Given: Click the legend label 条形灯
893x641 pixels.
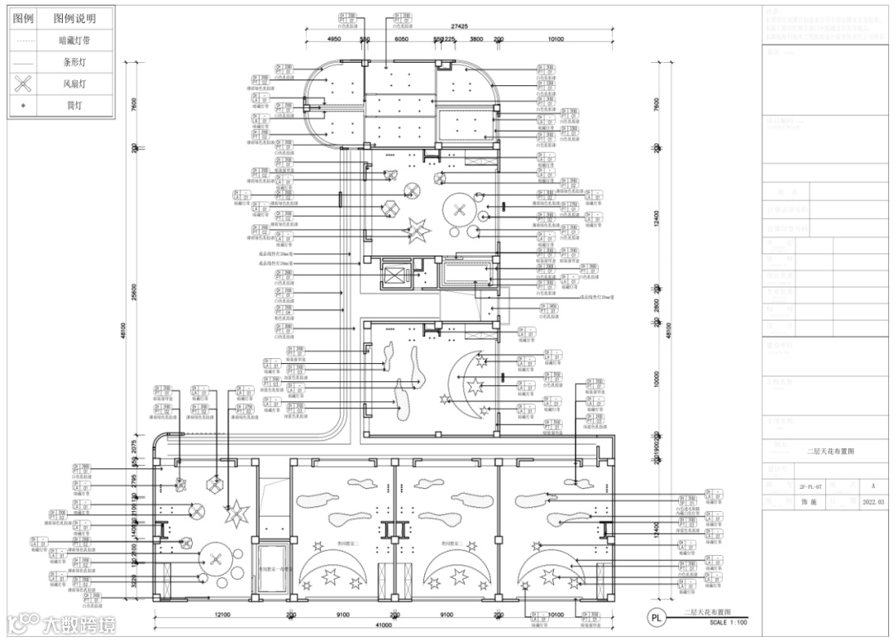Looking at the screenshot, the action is pyautogui.click(x=74, y=61).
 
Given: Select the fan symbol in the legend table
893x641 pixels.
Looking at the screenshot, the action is pyautogui.click(x=26, y=83).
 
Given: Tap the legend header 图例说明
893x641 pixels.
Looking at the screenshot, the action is pyautogui.click(x=74, y=18).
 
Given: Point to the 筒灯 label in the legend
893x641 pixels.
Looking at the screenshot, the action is pyautogui.click(x=74, y=105).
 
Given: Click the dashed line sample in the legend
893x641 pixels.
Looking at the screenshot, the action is pyautogui.click(x=26, y=40).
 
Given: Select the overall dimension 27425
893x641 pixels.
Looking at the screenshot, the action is pyautogui.click(x=462, y=26).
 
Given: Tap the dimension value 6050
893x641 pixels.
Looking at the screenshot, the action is pyautogui.click(x=402, y=40).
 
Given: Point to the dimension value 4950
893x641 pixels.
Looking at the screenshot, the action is pyautogui.click(x=334, y=40).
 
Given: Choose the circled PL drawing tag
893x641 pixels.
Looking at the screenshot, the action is pyautogui.click(x=657, y=617).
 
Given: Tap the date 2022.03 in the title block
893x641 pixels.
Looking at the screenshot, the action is pyautogui.click(x=873, y=502).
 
